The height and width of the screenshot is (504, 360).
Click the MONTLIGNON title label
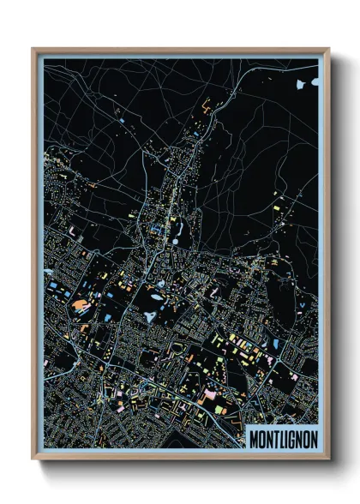283,438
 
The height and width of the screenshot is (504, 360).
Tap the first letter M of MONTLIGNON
254,438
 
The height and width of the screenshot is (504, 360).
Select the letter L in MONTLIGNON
282,438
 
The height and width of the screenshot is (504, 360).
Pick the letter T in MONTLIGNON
275,438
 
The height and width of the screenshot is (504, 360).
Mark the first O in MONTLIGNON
261,438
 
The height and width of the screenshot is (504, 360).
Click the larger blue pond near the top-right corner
301,85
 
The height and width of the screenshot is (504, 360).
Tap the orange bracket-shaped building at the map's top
207,107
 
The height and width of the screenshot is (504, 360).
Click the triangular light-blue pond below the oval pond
151,316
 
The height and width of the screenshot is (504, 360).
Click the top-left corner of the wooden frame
33,49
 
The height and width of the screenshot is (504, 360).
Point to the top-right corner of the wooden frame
328,49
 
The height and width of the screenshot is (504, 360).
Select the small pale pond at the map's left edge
50,284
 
